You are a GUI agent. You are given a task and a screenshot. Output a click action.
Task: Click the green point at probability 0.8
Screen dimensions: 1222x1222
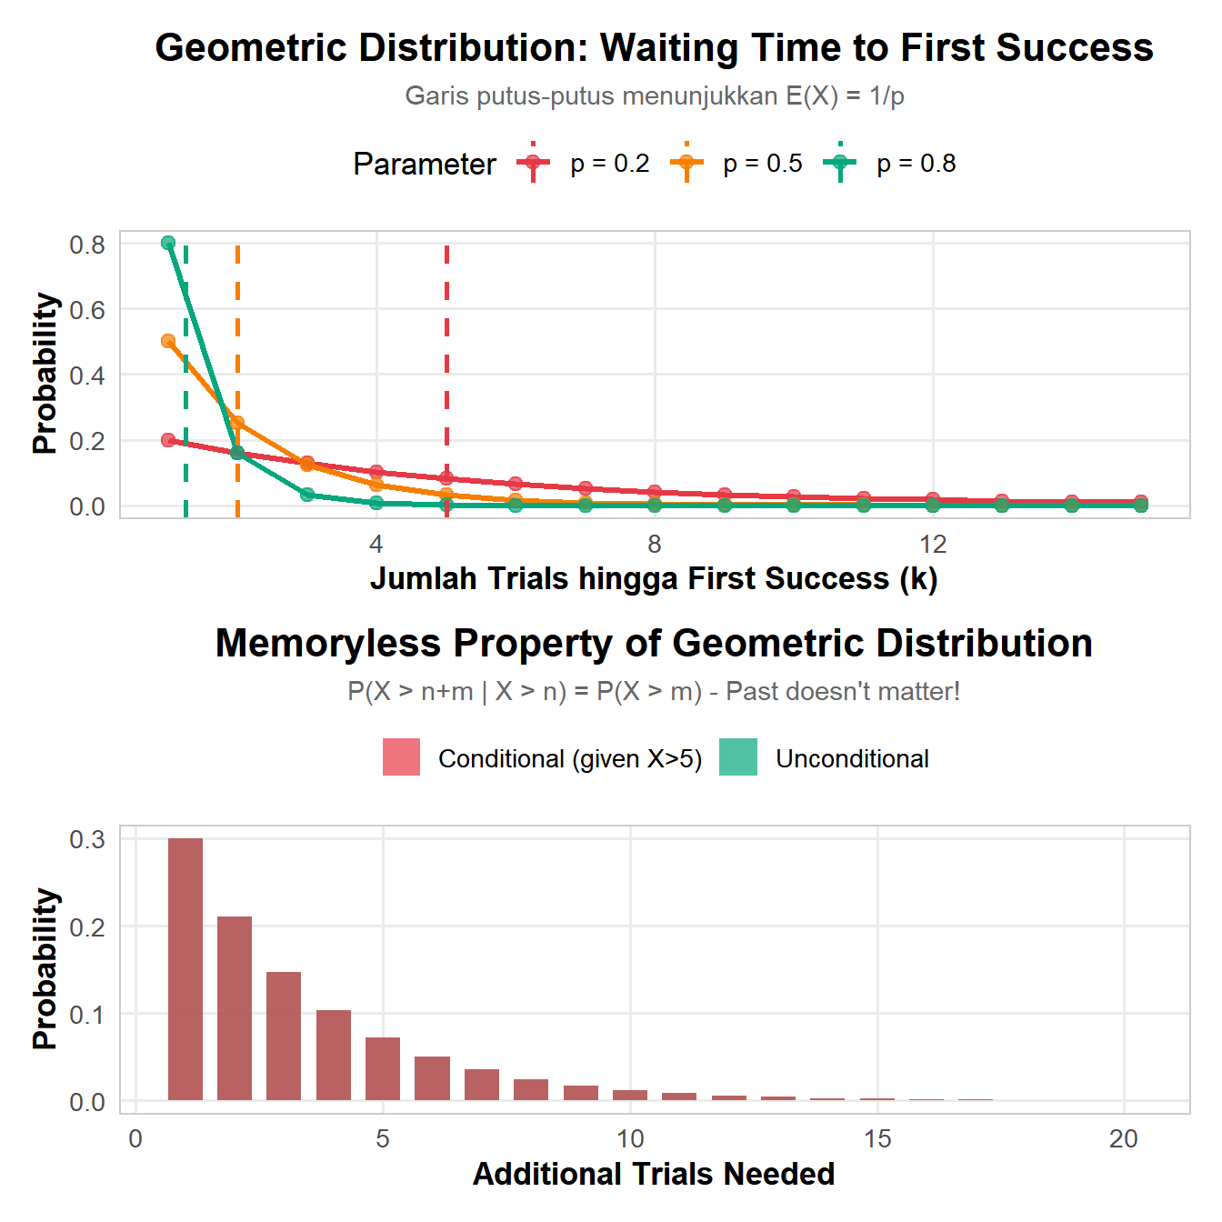point(168,243)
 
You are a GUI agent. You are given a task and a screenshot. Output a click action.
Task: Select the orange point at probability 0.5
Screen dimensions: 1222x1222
point(168,341)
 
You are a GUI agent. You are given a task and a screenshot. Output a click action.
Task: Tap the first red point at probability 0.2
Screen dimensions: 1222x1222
point(168,440)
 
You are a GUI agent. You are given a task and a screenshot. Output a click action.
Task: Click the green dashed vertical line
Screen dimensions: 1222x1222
point(185,382)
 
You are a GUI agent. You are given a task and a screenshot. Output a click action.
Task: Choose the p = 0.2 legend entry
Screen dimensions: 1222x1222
point(583,164)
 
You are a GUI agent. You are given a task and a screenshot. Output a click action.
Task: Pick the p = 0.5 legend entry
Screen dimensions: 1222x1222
point(736,164)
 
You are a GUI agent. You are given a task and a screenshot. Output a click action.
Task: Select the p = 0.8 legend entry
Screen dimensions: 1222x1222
point(889,164)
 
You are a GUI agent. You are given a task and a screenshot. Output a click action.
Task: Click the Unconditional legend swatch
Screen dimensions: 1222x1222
point(737,757)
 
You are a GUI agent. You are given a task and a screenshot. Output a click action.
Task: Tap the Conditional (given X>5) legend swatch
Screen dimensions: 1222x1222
point(401,757)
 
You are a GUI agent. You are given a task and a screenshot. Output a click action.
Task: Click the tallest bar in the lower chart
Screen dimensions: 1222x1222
point(185,968)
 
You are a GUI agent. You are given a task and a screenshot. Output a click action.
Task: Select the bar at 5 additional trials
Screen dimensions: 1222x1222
point(383,1068)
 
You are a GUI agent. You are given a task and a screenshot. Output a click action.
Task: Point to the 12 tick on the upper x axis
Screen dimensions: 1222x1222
point(933,545)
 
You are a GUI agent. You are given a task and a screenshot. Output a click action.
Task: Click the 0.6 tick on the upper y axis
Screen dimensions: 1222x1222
point(87,310)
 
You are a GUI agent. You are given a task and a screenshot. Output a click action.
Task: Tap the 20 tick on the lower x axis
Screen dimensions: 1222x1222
point(1124,1139)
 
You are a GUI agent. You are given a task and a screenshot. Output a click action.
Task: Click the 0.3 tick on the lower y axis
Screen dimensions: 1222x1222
point(87,839)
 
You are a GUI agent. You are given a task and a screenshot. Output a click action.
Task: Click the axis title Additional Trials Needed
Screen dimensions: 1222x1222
point(654,1174)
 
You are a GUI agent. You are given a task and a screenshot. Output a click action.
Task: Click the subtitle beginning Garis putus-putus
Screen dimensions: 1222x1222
point(654,95)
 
